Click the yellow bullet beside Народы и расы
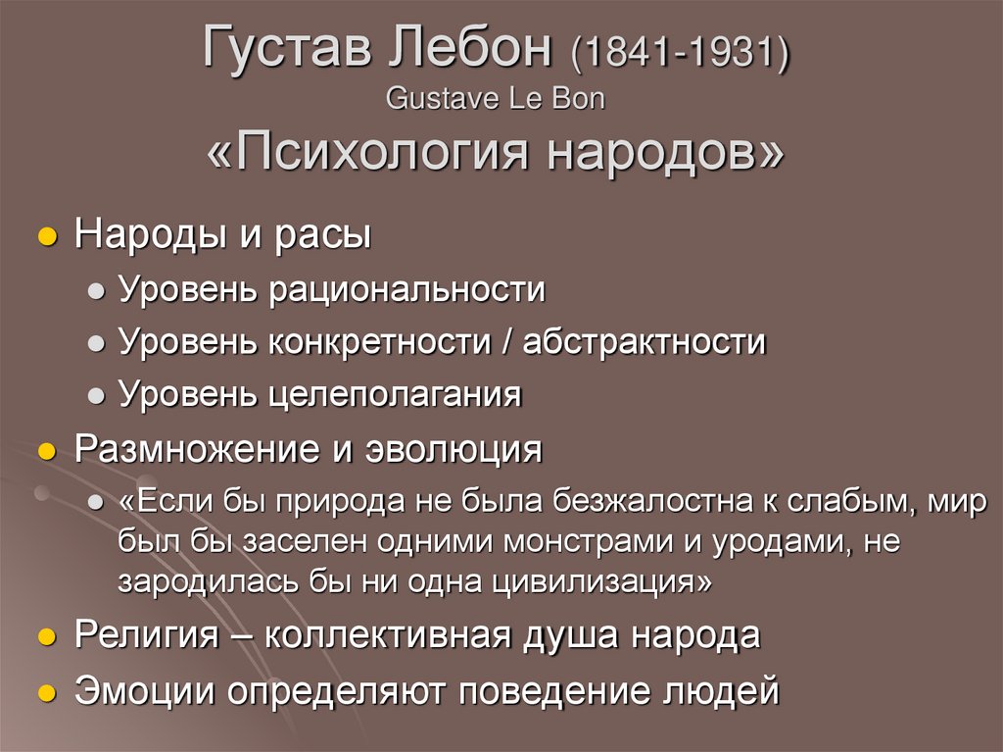[x=44, y=239]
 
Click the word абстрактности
[x=644, y=343]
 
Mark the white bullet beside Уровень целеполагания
[x=96, y=396]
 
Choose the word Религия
[x=146, y=635]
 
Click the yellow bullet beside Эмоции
[x=44, y=691]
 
